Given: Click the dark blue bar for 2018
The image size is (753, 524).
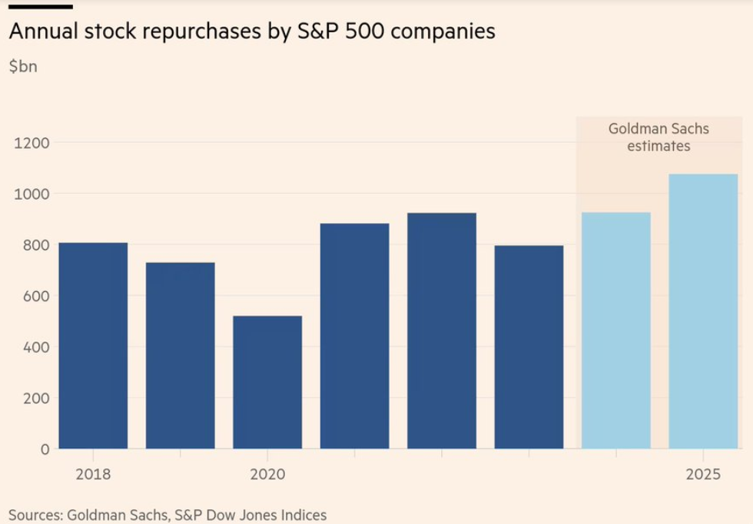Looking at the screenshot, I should [x=93, y=345].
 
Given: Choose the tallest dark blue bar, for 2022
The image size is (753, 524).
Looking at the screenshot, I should [x=442, y=330].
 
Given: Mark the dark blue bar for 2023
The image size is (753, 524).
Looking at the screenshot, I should [x=529, y=347].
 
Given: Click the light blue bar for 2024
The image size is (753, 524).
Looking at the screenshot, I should [x=616, y=330].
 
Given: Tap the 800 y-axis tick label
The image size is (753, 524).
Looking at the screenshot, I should [x=35, y=245].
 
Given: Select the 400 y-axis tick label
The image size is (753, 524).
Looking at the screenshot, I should [x=35, y=347].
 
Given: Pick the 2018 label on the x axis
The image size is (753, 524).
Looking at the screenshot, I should [x=93, y=474].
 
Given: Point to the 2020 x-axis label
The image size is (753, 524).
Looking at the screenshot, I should [x=267, y=474].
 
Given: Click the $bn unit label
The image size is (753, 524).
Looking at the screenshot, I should [x=23, y=66].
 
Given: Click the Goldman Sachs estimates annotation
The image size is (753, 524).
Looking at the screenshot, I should [x=658, y=137].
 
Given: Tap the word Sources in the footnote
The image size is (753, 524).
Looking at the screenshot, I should [x=34, y=515].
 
